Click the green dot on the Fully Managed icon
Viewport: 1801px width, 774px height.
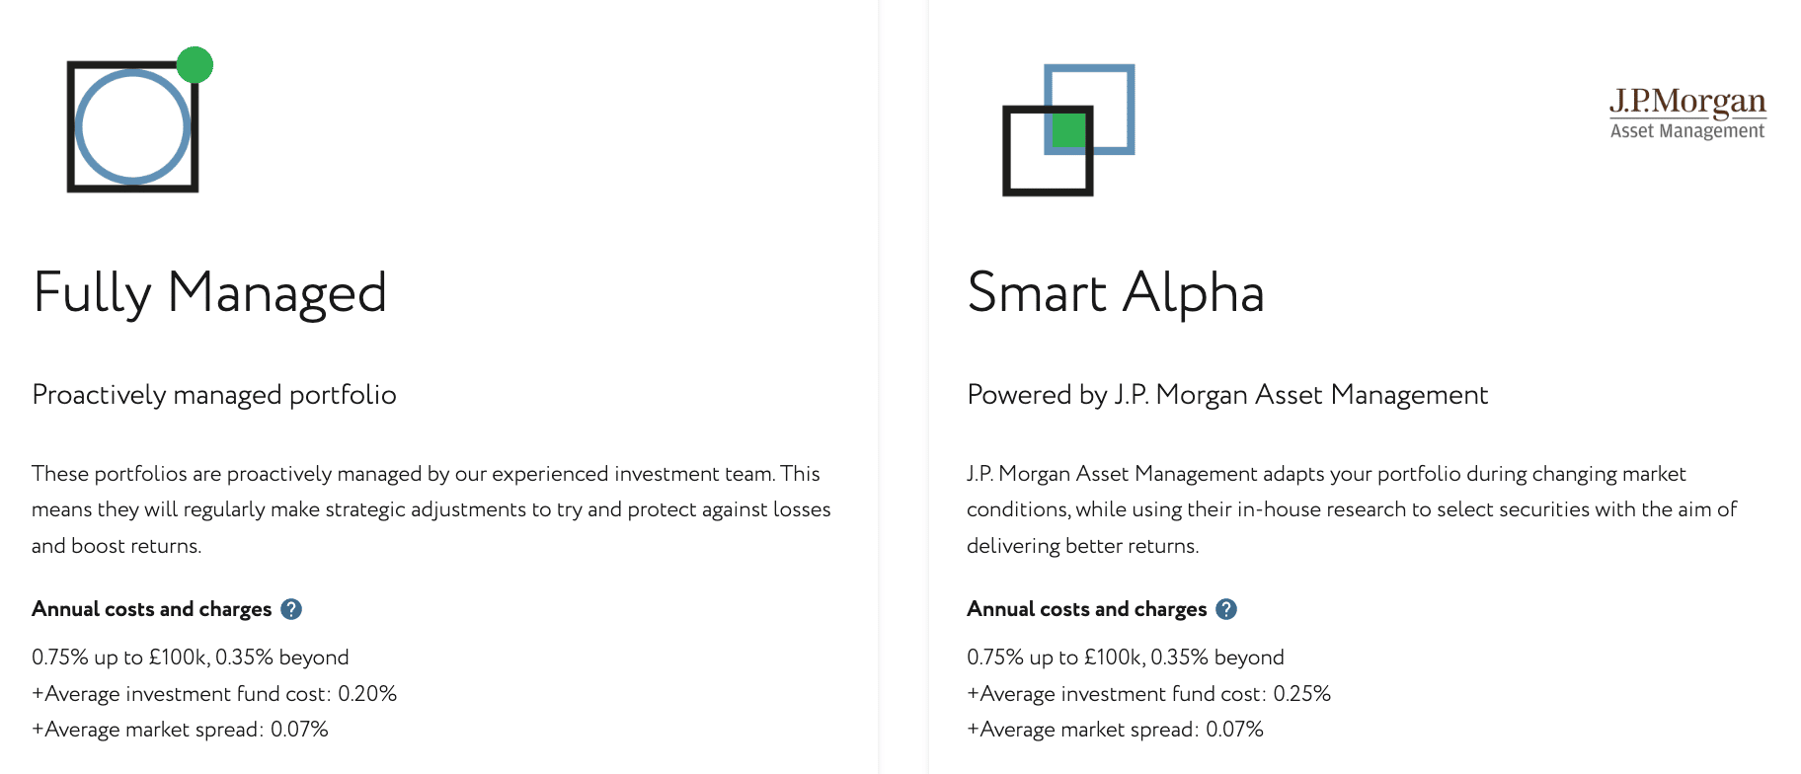pos(195,65)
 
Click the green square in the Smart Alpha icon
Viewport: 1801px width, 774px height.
pos(1068,130)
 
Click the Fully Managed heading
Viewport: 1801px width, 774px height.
pos(209,294)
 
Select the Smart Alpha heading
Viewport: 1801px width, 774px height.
pos(1116,293)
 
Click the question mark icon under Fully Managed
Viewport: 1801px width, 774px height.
pos(291,609)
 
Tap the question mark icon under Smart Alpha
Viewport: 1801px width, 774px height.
pos(1226,609)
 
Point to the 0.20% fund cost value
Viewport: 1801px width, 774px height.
pos(367,694)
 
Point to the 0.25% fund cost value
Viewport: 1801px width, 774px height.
pos(1302,694)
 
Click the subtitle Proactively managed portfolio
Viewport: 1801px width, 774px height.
pos(214,396)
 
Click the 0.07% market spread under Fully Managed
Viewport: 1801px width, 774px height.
pos(299,730)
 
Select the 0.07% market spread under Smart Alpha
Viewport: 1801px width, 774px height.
pos(1234,730)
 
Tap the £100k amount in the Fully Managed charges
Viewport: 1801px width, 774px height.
pos(179,658)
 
